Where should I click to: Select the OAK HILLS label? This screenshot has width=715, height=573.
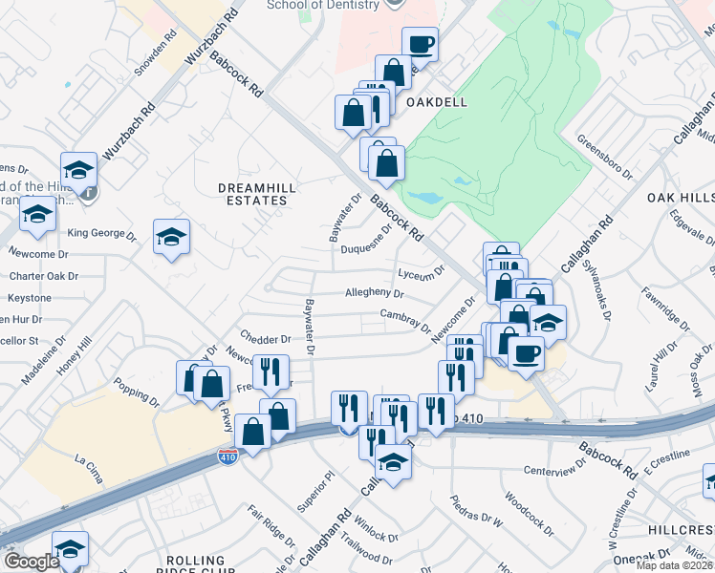coord(681,197)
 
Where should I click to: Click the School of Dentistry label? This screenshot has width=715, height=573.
coord(311,5)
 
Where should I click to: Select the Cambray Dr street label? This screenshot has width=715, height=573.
coord(405,320)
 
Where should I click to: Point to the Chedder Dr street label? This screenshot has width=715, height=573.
coord(267,339)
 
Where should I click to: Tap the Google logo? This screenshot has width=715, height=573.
coord(31,562)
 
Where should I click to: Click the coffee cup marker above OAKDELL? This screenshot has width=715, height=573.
coord(420,44)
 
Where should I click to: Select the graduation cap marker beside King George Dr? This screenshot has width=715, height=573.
coord(171,237)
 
